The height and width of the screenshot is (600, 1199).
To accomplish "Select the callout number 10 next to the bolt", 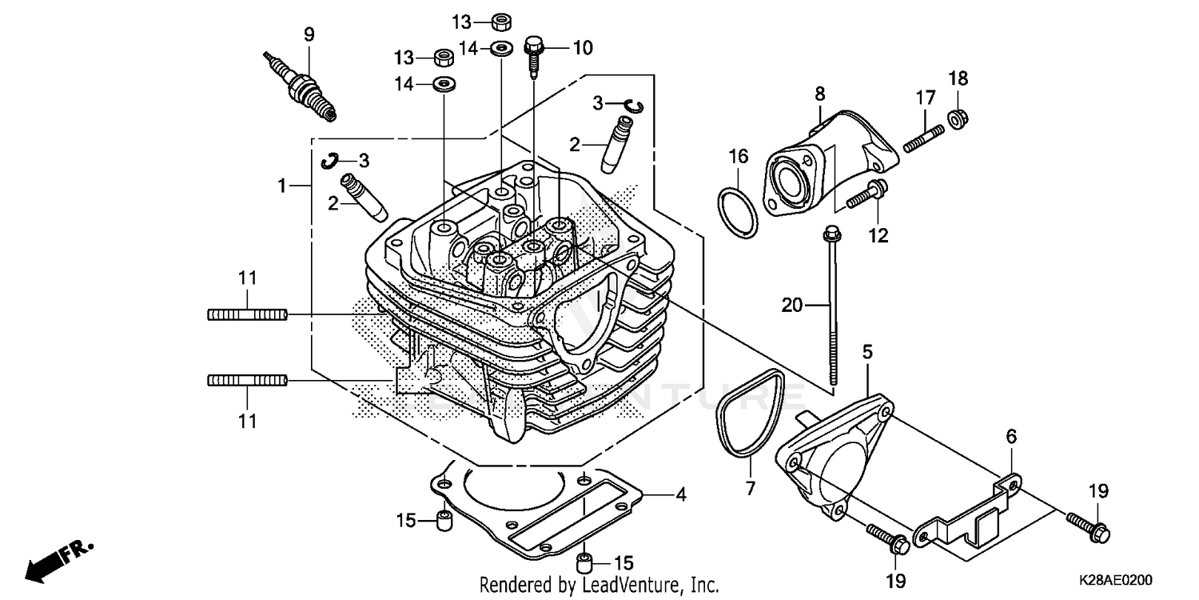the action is point(583,48).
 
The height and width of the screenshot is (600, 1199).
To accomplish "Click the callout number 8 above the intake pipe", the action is point(819,94).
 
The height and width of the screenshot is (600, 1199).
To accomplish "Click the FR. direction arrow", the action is point(56,561).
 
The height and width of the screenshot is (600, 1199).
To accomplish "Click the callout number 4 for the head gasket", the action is point(681,494).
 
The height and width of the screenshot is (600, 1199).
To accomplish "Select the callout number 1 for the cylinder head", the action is point(281,186).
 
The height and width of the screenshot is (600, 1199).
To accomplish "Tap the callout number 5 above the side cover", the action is point(867,351).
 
